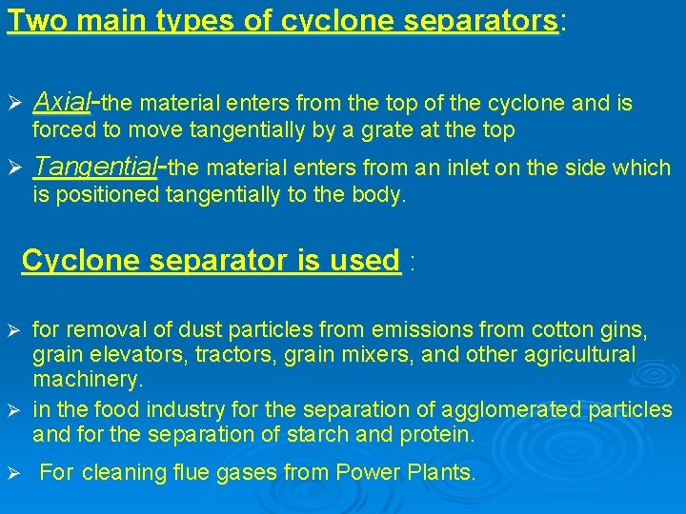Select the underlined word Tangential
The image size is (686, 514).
click(x=94, y=168)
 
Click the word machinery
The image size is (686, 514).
click(x=88, y=379)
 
